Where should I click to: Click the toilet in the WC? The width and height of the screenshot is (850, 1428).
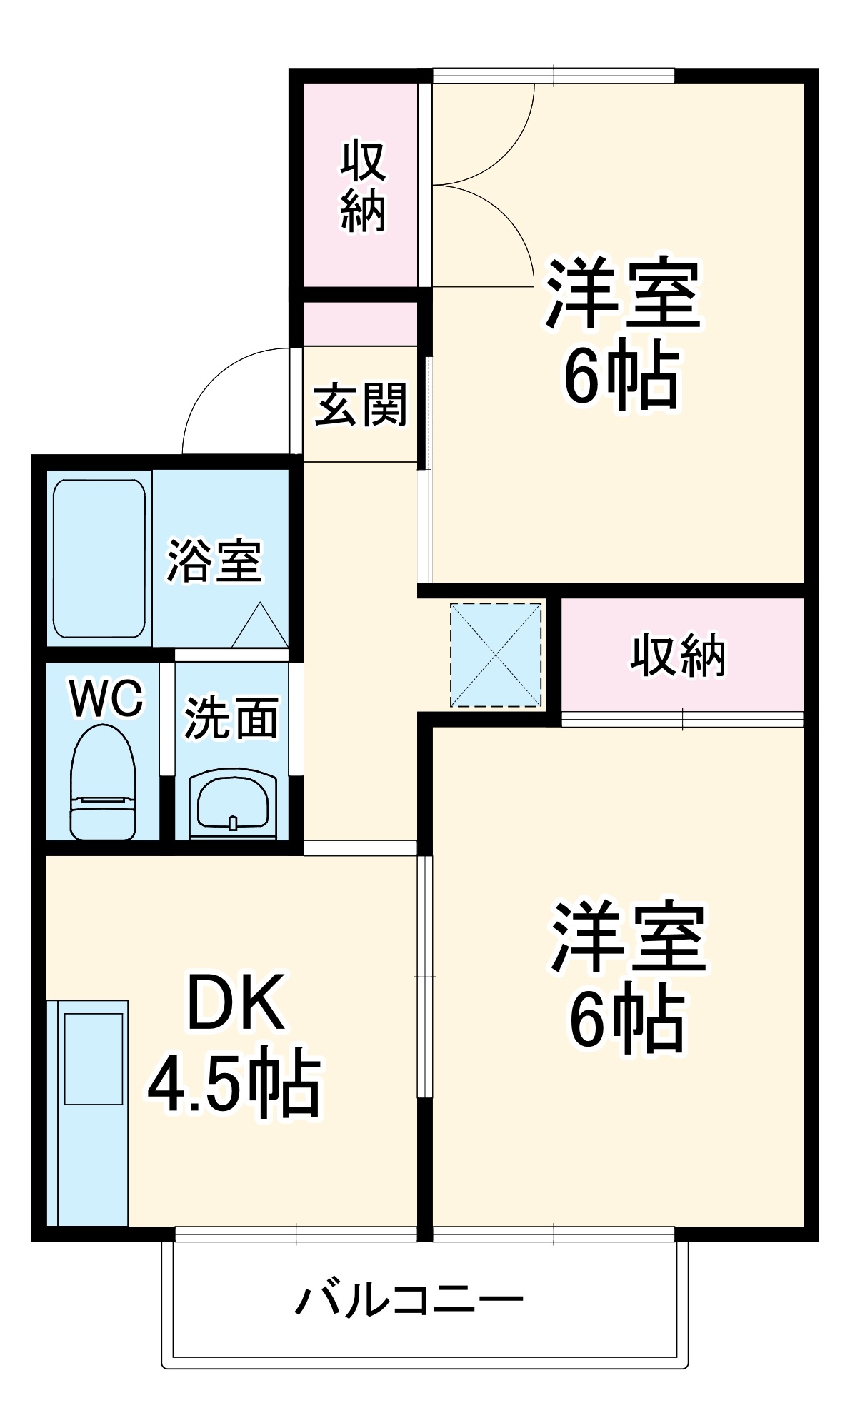click(x=103, y=783)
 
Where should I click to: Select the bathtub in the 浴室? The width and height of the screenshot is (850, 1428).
click(x=99, y=558)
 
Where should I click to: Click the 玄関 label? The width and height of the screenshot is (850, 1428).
click(x=360, y=405)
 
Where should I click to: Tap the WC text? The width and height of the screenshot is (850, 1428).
click(x=106, y=698)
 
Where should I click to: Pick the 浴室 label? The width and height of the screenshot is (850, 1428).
click(x=214, y=560)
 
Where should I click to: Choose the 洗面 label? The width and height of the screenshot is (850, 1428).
click(x=231, y=717)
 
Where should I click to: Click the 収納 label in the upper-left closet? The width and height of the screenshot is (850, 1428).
click(x=363, y=186)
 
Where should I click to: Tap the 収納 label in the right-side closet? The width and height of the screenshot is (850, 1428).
click(x=678, y=655)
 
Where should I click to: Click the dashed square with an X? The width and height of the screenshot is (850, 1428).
click(x=496, y=655)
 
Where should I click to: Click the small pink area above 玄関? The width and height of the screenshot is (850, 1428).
click(x=360, y=324)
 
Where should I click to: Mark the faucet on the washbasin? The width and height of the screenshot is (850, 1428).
click(x=232, y=823)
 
